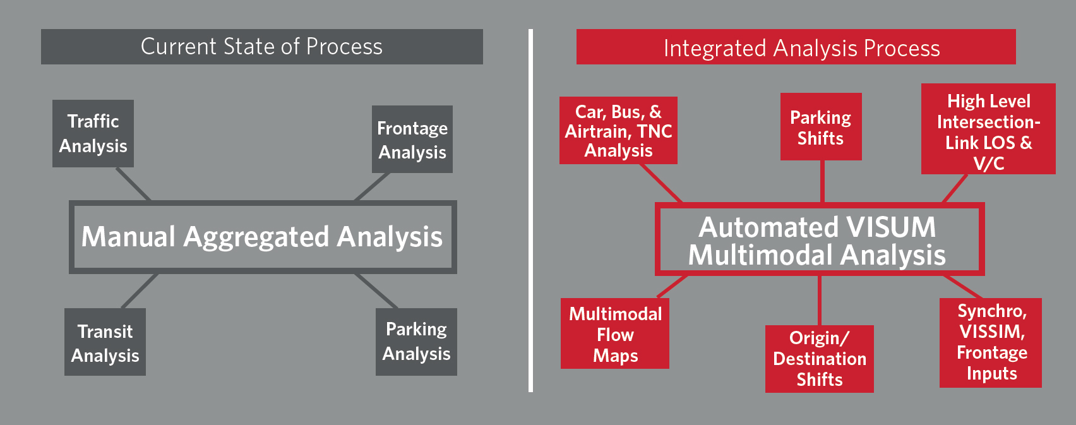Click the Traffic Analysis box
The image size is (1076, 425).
coord(93,133)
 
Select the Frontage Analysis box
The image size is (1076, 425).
coord(412,139)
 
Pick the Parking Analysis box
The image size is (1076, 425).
coord(416,342)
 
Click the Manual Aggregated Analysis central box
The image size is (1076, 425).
coord(262,237)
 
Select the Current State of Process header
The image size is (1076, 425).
coord(261,47)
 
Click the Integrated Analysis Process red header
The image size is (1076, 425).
coord(796,47)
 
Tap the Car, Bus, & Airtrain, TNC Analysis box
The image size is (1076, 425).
coord(618,131)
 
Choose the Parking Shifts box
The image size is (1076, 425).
coord(820,127)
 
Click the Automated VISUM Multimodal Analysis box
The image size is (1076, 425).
coord(819,239)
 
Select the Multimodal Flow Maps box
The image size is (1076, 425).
coord(614,334)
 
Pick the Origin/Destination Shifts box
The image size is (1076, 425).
coord(819,359)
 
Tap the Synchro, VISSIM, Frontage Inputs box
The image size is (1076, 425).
coord(990,342)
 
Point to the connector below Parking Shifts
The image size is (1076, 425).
coord(822,181)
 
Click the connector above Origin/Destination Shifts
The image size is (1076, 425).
coord(820,300)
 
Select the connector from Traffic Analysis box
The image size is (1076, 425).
coord(133,184)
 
